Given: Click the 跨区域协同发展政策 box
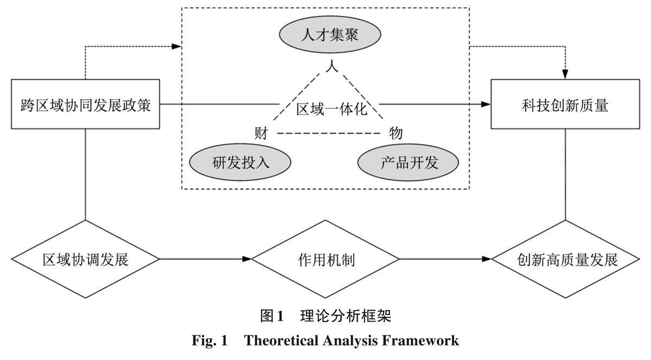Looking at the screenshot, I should tap(86, 104).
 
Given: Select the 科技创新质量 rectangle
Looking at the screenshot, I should tap(565, 104).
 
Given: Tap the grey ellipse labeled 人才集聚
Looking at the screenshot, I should tap(330, 37).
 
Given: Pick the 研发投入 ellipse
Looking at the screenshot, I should tap(240, 162).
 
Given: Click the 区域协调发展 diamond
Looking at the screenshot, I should tap(86, 259).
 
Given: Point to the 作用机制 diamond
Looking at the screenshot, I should tap(325, 259).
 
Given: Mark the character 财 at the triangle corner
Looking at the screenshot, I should tap(261, 132).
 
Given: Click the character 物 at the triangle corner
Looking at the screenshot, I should tap(395, 132).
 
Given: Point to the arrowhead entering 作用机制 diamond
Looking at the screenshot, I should tap(247, 259).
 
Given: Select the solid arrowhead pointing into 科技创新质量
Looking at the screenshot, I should tap(487, 104).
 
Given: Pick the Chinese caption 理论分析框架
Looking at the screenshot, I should tap(344, 315).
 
